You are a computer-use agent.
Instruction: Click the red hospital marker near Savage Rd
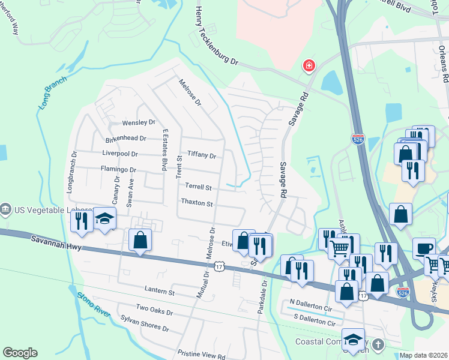(x=309, y=65)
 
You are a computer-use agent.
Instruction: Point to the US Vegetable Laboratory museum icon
(x=6, y=209)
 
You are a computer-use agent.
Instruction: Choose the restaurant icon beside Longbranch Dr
(x=80, y=220)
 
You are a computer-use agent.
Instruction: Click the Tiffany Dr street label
(x=201, y=155)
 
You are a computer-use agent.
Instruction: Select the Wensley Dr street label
(x=139, y=123)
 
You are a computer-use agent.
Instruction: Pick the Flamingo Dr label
(x=119, y=170)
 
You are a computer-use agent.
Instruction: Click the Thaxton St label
(x=197, y=204)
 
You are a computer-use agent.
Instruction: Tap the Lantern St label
(x=159, y=292)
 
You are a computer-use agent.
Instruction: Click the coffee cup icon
(x=423, y=248)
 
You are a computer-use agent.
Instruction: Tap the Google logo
(x=20, y=353)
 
